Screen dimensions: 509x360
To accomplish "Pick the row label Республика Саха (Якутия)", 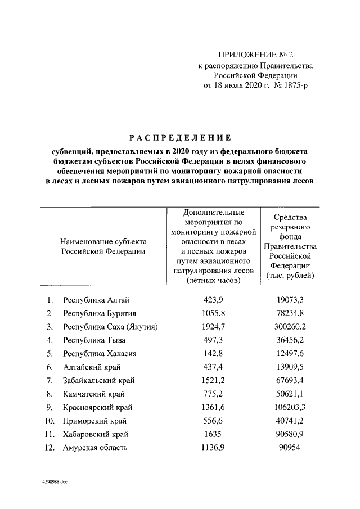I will [110, 326].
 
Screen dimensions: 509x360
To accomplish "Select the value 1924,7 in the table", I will [213, 326].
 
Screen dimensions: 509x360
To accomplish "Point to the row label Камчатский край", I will [94, 394].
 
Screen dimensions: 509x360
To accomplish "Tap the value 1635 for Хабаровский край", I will [213, 434].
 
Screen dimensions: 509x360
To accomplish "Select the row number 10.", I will [49, 421].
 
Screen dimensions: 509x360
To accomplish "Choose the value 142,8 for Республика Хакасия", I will [213, 353].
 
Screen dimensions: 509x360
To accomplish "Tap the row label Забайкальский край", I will [99, 380].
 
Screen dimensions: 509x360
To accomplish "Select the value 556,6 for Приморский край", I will [213, 421].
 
